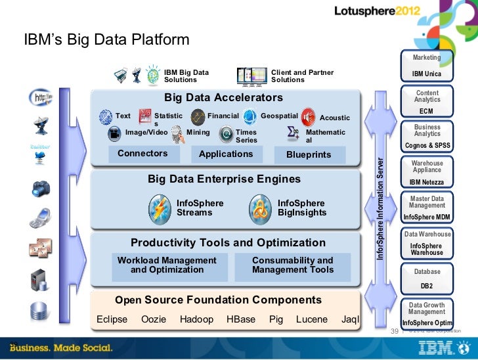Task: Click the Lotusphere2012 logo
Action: (387, 12)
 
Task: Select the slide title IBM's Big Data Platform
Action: (106, 41)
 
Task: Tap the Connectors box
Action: (142, 154)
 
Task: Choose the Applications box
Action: (226, 154)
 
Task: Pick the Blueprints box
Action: (309, 155)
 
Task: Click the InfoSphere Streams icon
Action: (160, 208)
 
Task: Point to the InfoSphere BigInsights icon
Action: (261, 208)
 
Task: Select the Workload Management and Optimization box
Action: (167, 265)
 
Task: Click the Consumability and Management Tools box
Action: (292, 265)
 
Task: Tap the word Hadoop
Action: (196, 319)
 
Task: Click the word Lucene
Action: (312, 319)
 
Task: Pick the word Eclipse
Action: (112, 319)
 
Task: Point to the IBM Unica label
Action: (427, 74)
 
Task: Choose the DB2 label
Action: (427, 286)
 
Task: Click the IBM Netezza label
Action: (427, 182)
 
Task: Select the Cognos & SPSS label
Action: (427, 146)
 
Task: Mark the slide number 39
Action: (395, 332)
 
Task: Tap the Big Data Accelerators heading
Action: (223, 98)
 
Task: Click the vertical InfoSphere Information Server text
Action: (380, 209)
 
